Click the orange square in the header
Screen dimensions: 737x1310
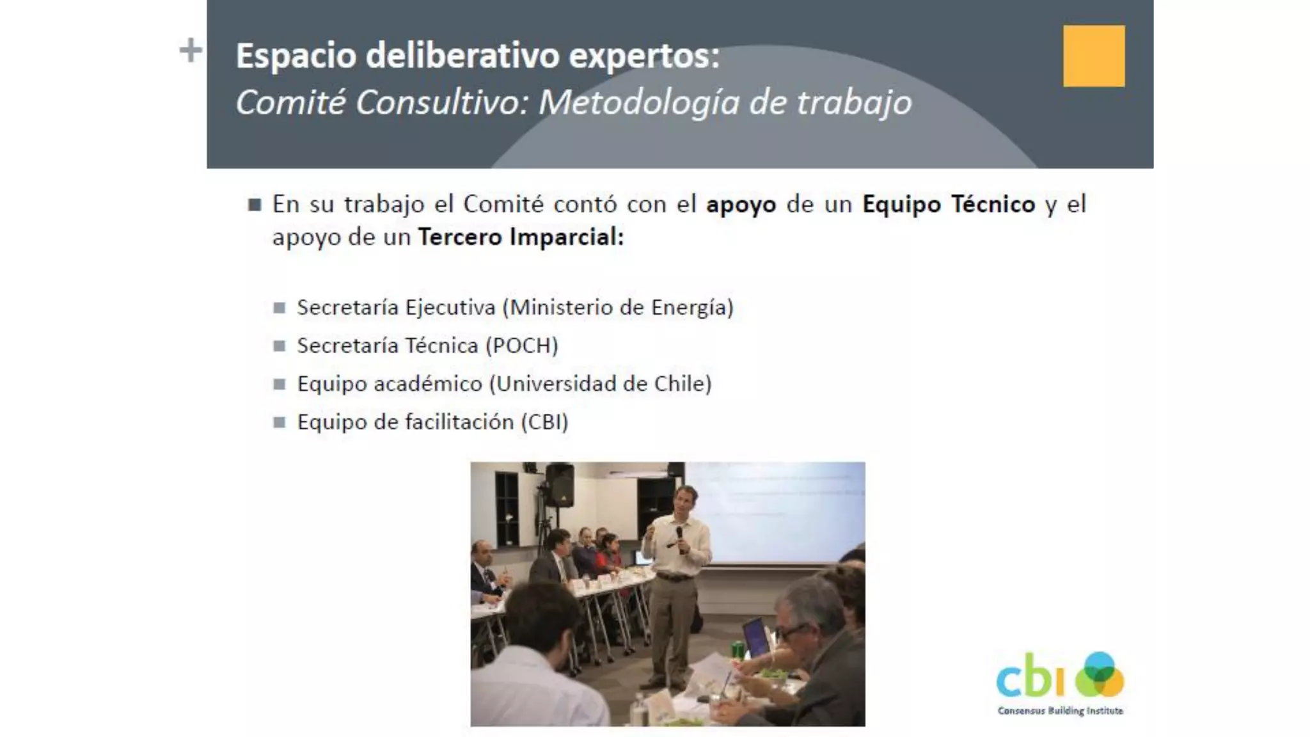[x=1094, y=56]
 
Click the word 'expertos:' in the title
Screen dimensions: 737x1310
[x=644, y=56]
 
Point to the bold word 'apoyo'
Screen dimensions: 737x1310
[x=741, y=204]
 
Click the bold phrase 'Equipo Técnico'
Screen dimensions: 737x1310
[x=949, y=204]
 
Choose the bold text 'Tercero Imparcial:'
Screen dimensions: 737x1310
[x=521, y=237]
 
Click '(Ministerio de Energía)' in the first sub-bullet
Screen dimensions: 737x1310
[x=618, y=308]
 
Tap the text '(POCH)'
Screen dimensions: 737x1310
[x=522, y=345]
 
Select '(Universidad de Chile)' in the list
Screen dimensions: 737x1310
[x=601, y=384]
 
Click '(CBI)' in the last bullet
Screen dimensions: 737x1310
[x=544, y=422]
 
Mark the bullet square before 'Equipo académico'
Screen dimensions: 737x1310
[x=279, y=384]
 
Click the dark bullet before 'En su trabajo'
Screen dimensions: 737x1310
[x=255, y=205]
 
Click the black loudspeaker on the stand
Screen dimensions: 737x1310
[x=560, y=485]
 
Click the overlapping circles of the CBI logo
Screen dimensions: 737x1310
[x=1099, y=675]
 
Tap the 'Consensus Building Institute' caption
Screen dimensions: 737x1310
[x=1060, y=711]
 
